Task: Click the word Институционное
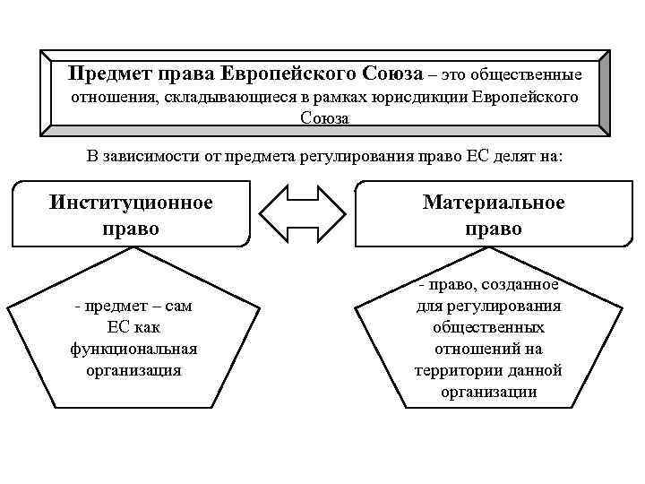click(131, 203)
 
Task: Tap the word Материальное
click(494, 203)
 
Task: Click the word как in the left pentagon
click(147, 327)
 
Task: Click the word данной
click(533, 370)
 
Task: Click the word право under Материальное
click(494, 229)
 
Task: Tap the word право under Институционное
click(131, 229)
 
